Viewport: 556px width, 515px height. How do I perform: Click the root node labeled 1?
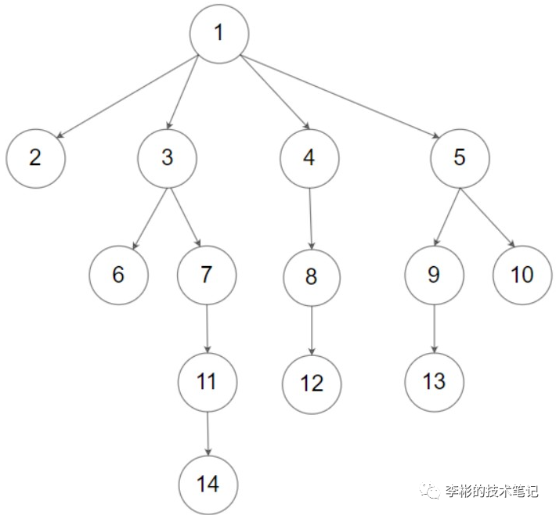pos(218,34)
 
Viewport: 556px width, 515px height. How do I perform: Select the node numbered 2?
pos(35,157)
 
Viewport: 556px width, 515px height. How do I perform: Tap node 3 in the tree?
pos(167,157)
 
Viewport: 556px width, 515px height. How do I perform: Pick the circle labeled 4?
pos(309,157)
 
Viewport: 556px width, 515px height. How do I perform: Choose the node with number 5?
pos(460,157)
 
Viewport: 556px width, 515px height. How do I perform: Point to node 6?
pos(118,276)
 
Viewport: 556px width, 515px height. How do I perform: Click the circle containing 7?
pos(207,276)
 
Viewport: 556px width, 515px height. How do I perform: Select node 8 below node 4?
pos(312,277)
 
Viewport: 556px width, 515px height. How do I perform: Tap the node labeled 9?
pos(435,276)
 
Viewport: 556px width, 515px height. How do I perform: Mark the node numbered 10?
pos(523,276)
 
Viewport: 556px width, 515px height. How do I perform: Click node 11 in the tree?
pos(207,381)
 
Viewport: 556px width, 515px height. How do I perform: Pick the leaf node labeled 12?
pos(312,384)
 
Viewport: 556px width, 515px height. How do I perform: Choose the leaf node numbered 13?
pos(435,381)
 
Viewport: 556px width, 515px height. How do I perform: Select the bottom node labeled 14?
pos(208,484)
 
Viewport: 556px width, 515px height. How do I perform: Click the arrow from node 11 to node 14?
pos(208,433)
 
